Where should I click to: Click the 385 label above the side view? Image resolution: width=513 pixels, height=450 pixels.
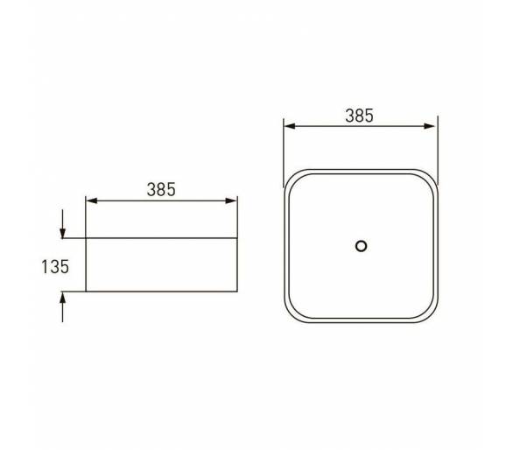point(161,189)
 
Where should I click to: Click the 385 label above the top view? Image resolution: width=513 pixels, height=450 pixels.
point(359,116)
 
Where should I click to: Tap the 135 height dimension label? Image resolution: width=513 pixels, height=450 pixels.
point(55,267)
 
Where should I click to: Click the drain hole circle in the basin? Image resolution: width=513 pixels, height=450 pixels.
point(361,246)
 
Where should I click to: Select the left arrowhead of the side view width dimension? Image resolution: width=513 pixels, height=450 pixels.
point(91,200)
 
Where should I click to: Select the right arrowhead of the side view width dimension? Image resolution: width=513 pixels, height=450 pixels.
point(231,200)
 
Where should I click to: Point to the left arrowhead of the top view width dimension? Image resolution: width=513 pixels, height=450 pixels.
point(290,126)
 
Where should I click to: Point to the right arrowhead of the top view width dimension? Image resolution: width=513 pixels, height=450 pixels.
point(429,126)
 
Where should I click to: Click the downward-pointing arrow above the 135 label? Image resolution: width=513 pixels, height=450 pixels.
point(62,224)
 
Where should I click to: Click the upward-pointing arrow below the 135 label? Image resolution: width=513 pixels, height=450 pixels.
point(62,307)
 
